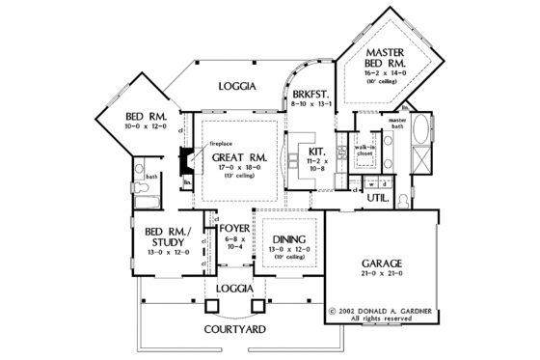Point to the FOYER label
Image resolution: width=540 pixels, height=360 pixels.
[233, 229]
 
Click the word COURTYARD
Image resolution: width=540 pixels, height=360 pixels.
[234, 329]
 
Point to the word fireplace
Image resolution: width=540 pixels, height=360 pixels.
[223, 144]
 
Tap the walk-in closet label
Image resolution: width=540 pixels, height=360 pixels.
[364, 148]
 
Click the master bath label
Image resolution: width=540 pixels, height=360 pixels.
[399, 123]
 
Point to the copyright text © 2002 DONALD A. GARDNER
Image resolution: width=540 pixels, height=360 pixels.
[381, 311]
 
